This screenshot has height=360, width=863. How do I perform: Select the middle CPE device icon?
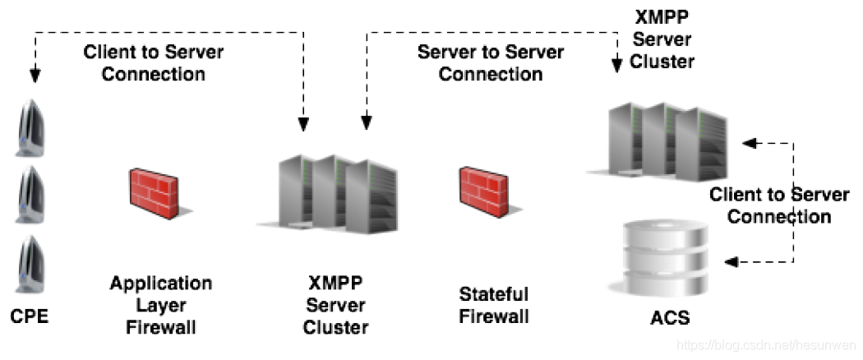click(x=30, y=195)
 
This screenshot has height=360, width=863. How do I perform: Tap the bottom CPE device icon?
click(x=30, y=264)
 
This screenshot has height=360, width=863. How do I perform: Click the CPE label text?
click(x=29, y=316)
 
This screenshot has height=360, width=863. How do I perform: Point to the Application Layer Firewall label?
click(x=161, y=306)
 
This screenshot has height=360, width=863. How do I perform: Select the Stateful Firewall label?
click(x=494, y=305)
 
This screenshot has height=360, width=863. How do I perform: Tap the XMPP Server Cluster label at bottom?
click(x=335, y=306)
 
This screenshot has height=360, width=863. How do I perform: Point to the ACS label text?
click(x=669, y=317)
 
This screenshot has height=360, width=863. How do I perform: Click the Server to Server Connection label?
click(x=491, y=62)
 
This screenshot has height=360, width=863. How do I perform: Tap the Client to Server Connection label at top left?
click(x=154, y=62)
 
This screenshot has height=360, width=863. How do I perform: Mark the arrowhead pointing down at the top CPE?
click(x=35, y=76)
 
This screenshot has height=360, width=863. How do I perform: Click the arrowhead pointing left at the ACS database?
click(x=731, y=262)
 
